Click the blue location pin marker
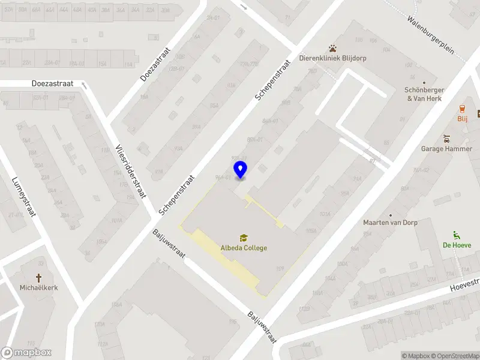pos(241,169)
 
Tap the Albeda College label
pos(244,248)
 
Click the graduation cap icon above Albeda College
pos(244,238)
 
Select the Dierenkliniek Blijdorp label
pos(333,58)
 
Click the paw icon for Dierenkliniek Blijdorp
pos(332,48)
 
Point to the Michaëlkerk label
pos(38,287)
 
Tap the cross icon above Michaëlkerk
pos(38,277)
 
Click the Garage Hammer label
pos(446,149)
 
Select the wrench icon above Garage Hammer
pos(446,139)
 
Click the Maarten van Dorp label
pos(390,223)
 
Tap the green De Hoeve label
pos(457,245)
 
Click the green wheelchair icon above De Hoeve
pos(457,235)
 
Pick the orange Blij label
pos(462,119)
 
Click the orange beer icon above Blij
pos(462,109)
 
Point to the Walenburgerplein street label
pos(436,39)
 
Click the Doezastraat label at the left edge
pos(49,84)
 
